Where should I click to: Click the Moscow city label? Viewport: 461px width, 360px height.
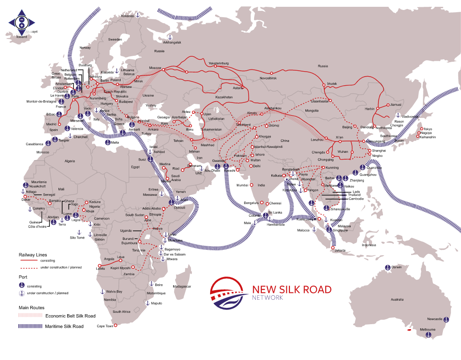pyautogui.click(x=155, y=68)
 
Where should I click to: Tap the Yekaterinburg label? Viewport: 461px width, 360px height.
pyautogui.click(x=219, y=63)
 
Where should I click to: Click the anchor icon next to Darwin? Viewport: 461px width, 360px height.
pyautogui.click(x=387, y=267)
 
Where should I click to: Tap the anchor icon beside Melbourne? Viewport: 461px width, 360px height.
pyautogui.click(x=428, y=335)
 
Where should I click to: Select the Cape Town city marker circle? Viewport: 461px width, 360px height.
pyautogui.click(x=115, y=325)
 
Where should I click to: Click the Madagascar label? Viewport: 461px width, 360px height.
pyautogui.click(x=182, y=287)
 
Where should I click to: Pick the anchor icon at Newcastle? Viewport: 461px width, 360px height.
pyautogui.click(x=445, y=320)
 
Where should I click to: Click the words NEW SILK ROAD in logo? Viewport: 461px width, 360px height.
pyautogui.click(x=291, y=289)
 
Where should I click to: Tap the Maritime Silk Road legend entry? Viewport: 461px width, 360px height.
pyautogui.click(x=64, y=326)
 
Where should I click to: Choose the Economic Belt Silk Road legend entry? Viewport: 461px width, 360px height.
pyautogui.click(x=70, y=316)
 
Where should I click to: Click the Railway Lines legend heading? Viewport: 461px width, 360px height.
pyautogui.click(x=32, y=255)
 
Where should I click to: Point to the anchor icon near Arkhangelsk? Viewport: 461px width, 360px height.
pyautogui.click(x=170, y=37)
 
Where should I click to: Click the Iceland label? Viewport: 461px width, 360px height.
pyautogui.click(x=21, y=37)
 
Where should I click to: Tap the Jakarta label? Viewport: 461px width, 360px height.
pyautogui.click(x=340, y=251)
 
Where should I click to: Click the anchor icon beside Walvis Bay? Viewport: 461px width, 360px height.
pyautogui.click(x=103, y=292)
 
